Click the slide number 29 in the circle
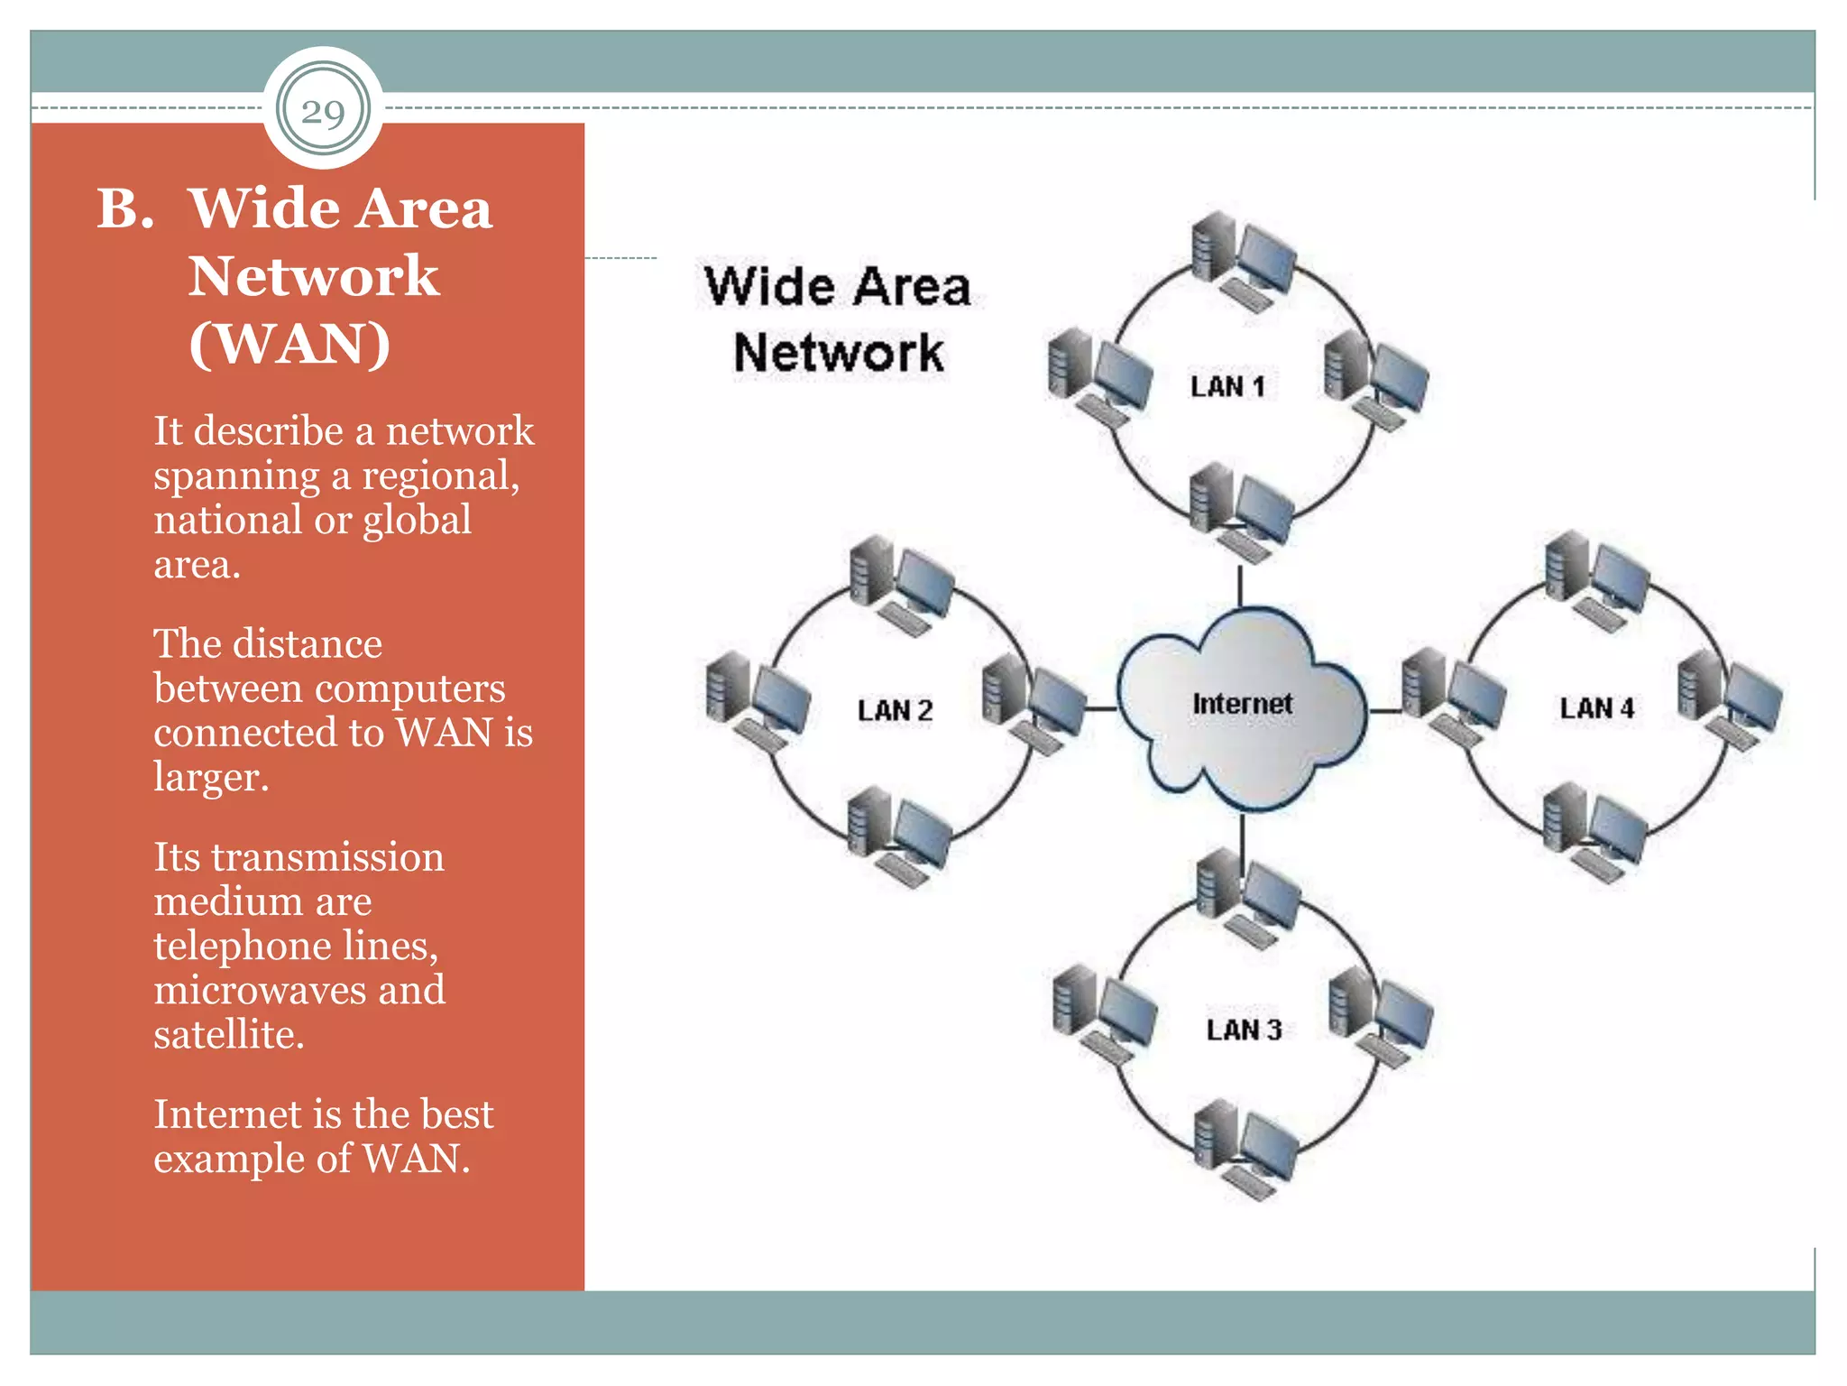tap(323, 112)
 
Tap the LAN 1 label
tap(1227, 386)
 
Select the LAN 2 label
tap(895, 710)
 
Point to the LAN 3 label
tap(1244, 1030)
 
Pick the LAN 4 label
tap(1596, 708)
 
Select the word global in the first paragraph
tap(417, 520)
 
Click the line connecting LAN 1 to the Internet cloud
tap(1240, 585)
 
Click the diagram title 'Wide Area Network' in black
tap(838, 319)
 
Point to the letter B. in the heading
tap(125, 209)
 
